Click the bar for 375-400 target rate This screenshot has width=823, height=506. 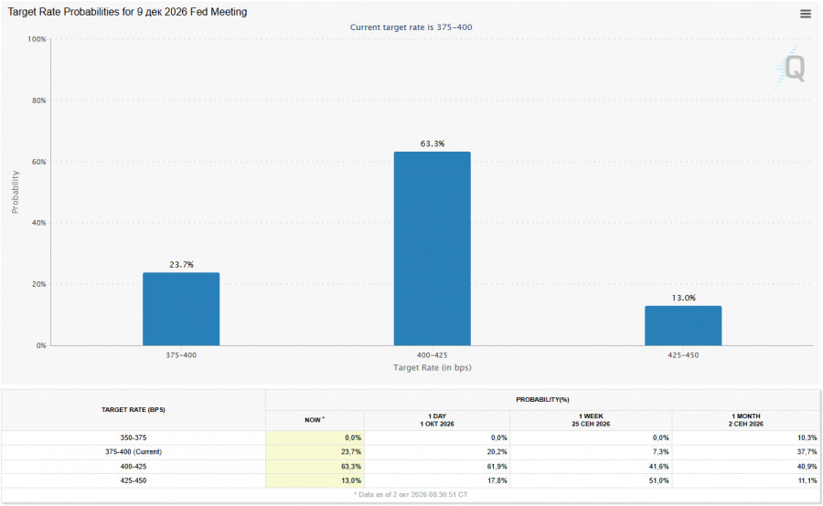tap(181, 309)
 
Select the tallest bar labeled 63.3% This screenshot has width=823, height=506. tap(432, 248)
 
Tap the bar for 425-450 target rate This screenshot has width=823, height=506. tap(683, 326)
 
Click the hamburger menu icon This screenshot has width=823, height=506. tap(805, 15)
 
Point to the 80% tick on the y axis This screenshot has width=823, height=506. tap(38, 100)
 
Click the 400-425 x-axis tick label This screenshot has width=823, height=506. tap(432, 355)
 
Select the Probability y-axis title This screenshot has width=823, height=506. tap(16, 192)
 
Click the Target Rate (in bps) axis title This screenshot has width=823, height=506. tap(432, 367)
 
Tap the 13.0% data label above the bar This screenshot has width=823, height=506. tap(683, 298)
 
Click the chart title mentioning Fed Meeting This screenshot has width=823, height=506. tap(127, 12)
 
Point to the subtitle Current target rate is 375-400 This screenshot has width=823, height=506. tap(411, 27)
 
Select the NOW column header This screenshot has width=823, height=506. tap(315, 420)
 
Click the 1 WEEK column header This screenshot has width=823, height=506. tap(591, 420)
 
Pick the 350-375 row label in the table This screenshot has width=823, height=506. tap(134, 437)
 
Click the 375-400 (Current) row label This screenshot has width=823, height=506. tap(134, 452)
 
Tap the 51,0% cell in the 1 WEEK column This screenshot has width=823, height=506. tap(658, 480)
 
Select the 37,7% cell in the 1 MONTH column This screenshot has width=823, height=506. tap(807, 452)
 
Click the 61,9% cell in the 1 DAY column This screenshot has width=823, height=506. tap(497, 467)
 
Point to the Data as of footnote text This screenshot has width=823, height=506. tap(411, 494)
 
